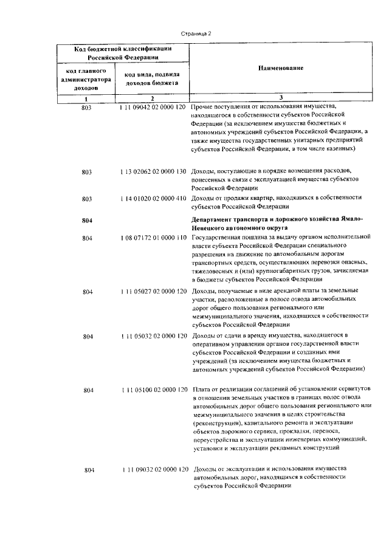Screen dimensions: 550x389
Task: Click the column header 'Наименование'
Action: tap(280, 69)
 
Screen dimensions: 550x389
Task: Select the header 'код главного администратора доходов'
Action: tap(86, 80)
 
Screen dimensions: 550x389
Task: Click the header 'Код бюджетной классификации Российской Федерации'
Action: tap(123, 53)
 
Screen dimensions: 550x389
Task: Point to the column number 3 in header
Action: tap(280, 98)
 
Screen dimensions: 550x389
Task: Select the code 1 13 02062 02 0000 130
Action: tap(153, 172)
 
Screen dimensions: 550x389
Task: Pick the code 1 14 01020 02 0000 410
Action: tap(153, 198)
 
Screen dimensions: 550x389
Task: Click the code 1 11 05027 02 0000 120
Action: tap(153, 292)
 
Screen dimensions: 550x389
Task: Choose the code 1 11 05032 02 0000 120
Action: tap(153, 335)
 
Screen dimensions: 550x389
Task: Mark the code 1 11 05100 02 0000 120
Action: tap(153, 389)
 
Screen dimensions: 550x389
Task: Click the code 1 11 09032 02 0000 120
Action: tap(153, 470)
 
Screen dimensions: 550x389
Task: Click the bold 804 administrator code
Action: tap(86, 220)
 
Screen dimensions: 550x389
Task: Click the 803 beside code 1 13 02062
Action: tap(86, 172)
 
